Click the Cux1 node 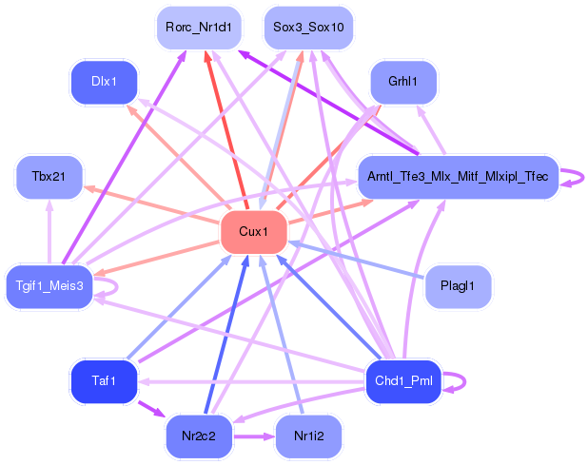click(253, 232)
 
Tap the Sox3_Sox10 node click(308, 27)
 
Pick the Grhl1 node click(403, 82)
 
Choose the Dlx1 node click(105, 82)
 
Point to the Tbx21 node click(49, 177)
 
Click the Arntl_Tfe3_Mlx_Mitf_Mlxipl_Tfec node click(457, 177)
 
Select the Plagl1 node click(458, 284)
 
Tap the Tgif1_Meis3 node click(49, 284)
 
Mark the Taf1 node click(105, 380)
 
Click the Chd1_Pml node click(403, 381)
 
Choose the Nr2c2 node click(199, 436)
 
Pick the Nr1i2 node click(309, 436)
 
